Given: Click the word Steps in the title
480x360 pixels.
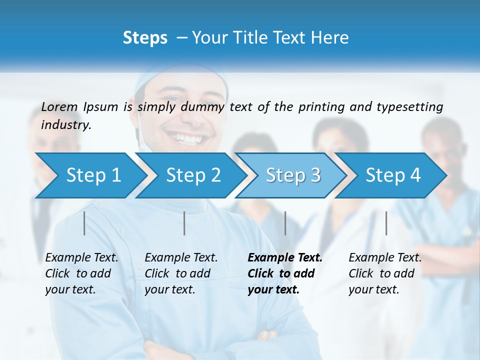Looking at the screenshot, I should pos(145,38).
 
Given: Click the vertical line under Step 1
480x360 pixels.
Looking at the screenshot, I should pos(84,223).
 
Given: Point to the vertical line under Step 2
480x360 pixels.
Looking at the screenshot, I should pos(184,223).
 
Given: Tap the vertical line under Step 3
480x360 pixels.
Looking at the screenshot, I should pos(285,223).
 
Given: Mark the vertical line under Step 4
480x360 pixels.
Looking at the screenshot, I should pos(386,223).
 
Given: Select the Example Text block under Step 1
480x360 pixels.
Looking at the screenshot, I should pos(81,273).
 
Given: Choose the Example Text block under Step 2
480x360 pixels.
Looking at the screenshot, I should pos(181,273).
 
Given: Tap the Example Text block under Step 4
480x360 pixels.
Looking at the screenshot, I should pos(385,273).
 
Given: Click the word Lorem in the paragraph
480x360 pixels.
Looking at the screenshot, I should pos(59,107).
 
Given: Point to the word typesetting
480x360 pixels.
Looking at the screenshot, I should pos(409,107).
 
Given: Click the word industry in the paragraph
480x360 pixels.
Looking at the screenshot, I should pos(65,125).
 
